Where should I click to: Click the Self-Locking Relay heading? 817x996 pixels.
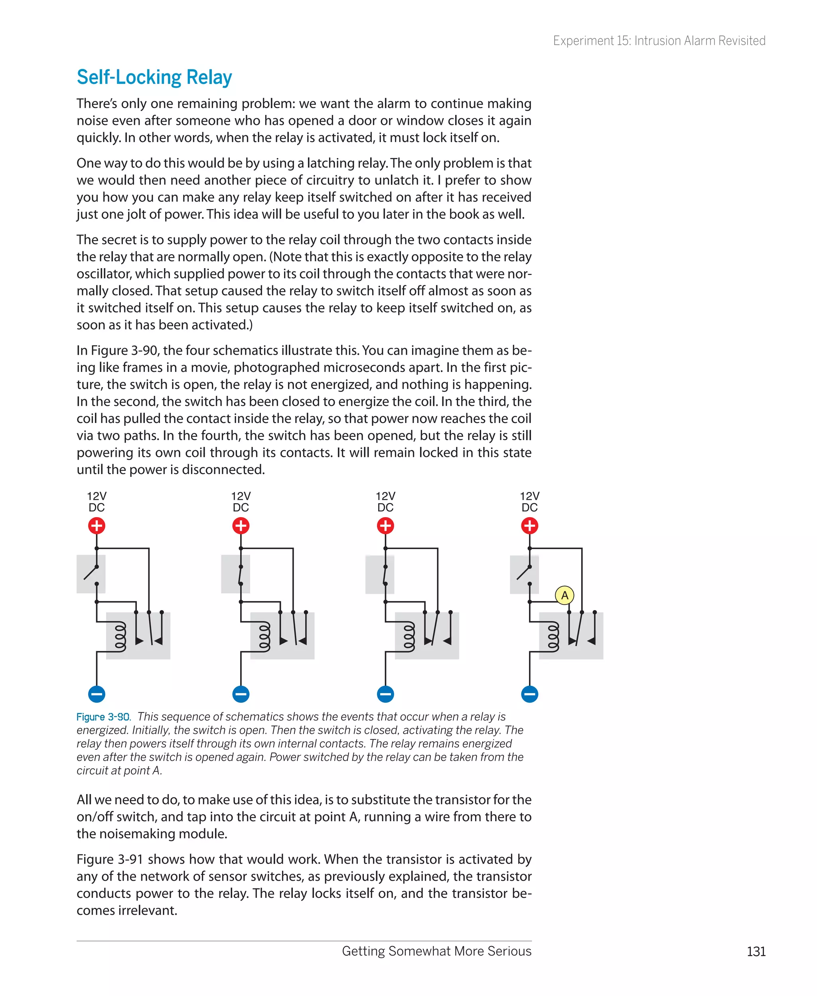point(154,77)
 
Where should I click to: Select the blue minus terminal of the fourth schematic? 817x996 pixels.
point(529,694)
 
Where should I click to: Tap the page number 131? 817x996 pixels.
point(756,951)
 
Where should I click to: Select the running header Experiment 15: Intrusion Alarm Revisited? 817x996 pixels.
point(659,41)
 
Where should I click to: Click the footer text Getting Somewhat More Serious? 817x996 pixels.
point(436,951)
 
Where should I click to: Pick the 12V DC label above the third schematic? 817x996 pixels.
point(385,502)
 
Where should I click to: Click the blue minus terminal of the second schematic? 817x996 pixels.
point(241,694)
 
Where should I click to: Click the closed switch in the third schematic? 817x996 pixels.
point(385,575)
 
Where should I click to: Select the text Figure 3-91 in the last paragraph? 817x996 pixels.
point(110,859)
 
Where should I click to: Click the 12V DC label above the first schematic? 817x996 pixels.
point(97,502)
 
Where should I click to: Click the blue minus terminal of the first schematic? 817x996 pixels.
point(97,694)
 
